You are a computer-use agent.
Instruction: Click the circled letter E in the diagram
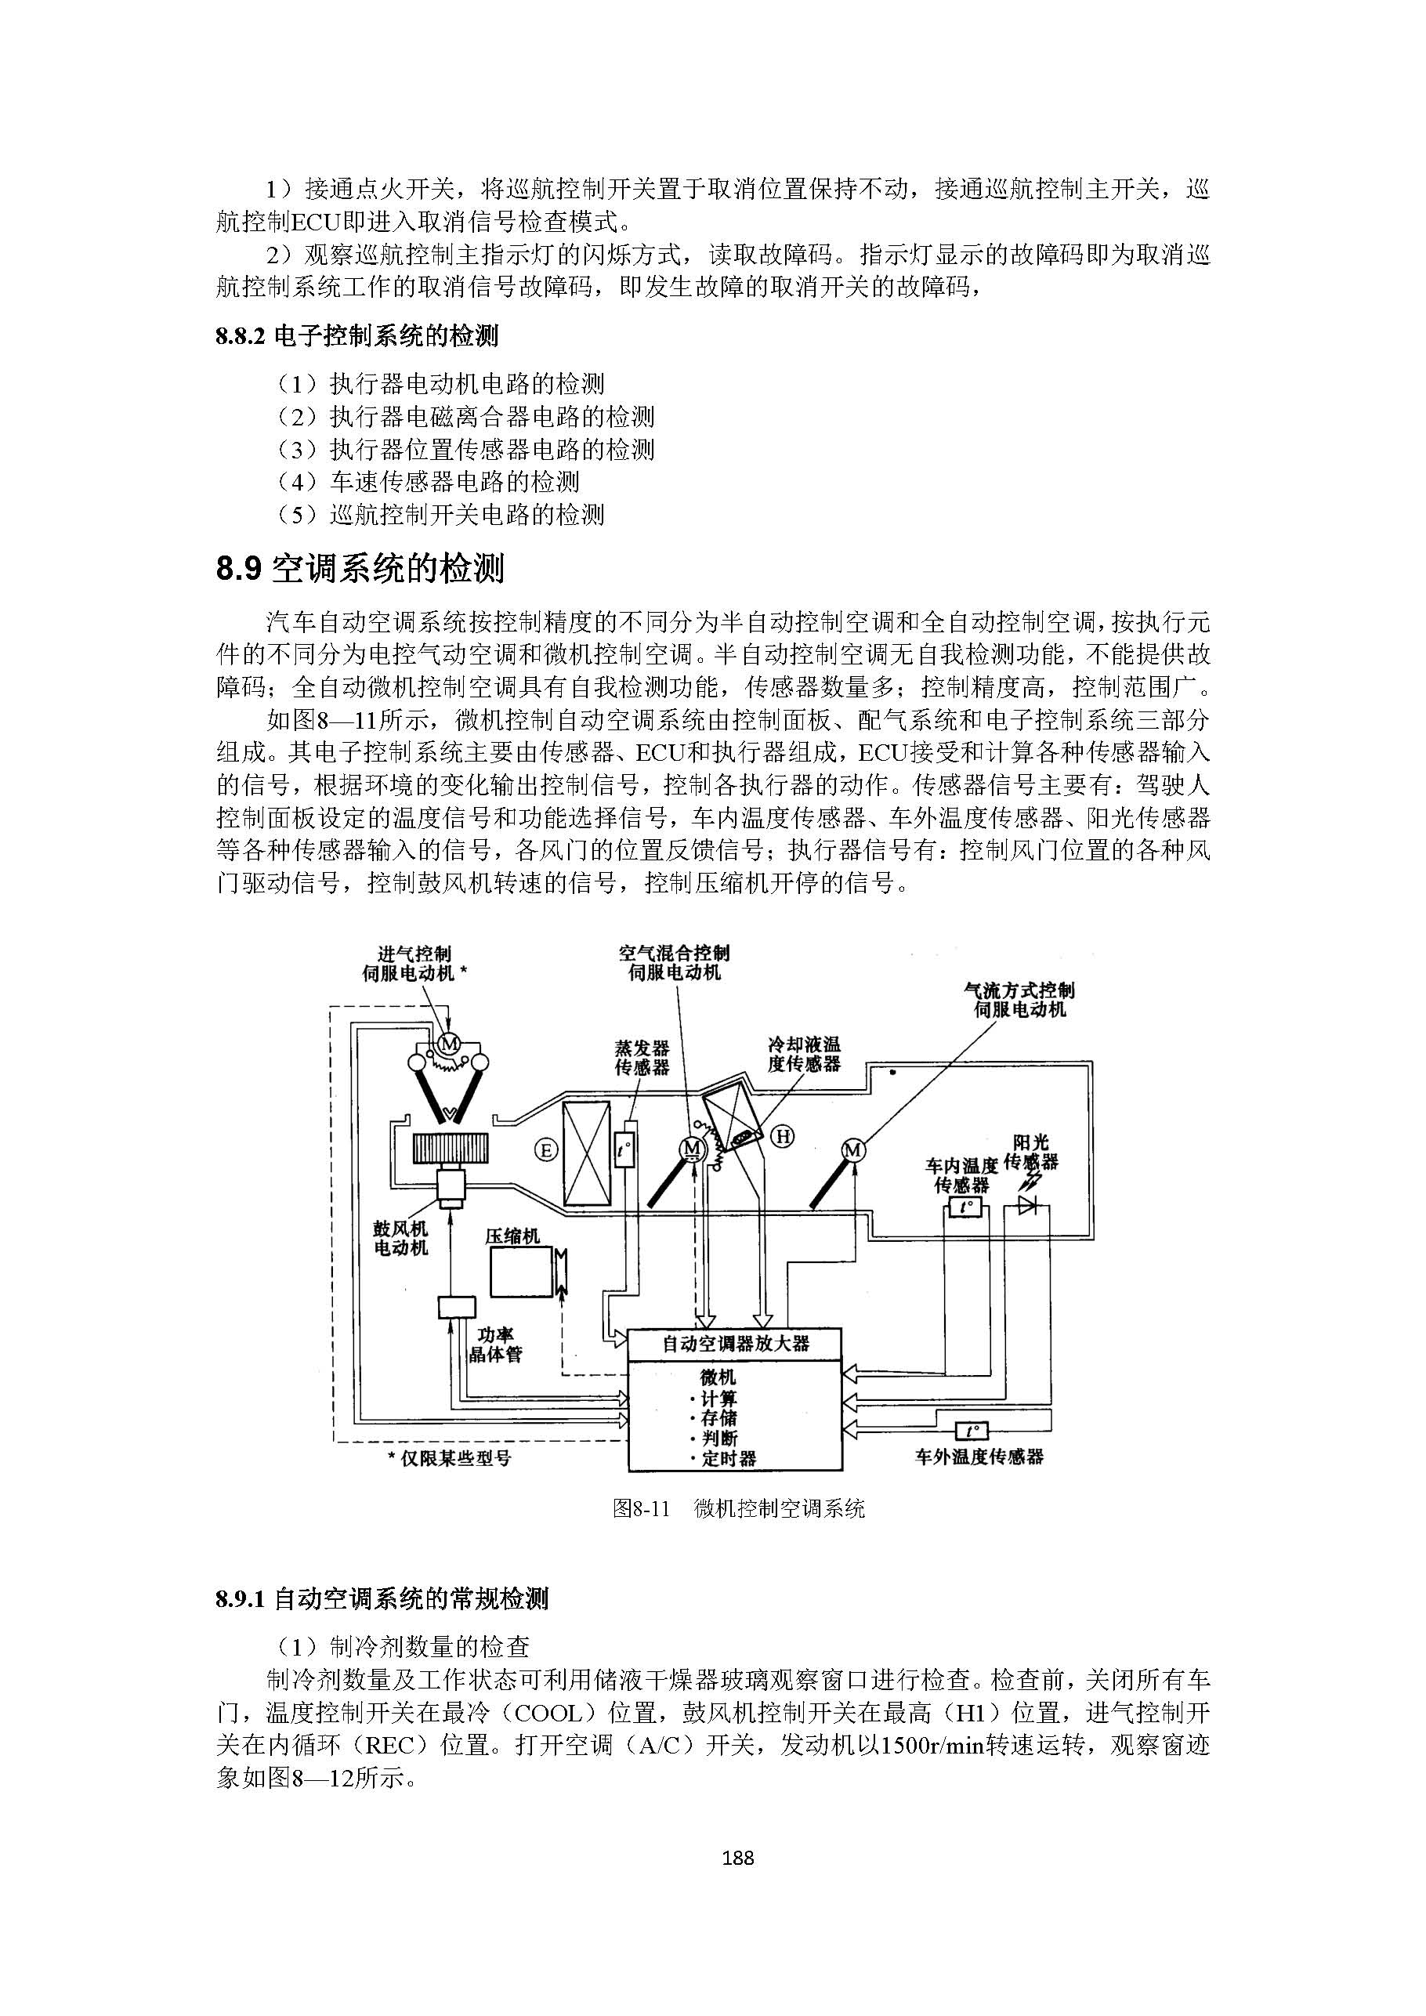pos(545,1149)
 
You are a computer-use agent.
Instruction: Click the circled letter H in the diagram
pos(781,1137)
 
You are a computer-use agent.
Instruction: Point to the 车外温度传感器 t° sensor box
pos(969,1431)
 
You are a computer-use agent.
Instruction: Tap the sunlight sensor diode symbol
pos(1028,1207)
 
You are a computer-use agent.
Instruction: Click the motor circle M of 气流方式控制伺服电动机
pos(852,1149)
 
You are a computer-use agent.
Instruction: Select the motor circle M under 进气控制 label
pos(449,1043)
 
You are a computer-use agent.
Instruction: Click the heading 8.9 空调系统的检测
pos(360,569)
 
